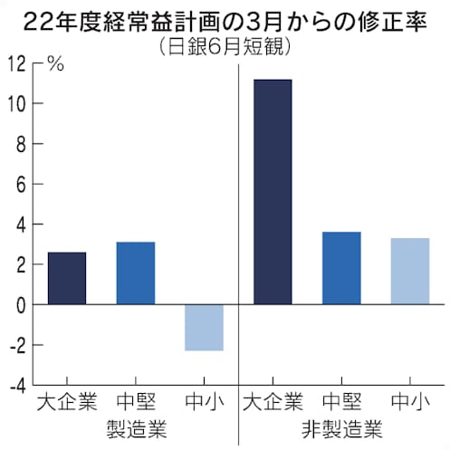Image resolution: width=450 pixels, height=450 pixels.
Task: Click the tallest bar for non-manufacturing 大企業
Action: tap(273, 192)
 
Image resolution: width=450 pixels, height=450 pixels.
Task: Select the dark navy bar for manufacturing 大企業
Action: tap(66, 278)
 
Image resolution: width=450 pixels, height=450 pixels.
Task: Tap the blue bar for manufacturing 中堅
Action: tap(135, 273)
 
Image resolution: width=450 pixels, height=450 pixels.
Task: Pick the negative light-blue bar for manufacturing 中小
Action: tap(204, 328)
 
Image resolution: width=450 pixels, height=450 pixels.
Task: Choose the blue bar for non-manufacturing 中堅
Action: tap(341, 268)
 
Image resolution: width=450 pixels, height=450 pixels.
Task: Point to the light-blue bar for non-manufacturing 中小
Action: tap(410, 271)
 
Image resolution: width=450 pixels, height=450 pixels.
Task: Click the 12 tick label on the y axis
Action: tap(16, 63)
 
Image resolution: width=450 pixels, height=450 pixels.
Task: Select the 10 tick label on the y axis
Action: tap(16, 103)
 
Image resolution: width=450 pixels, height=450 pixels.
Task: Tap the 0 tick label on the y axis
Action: tap(21, 304)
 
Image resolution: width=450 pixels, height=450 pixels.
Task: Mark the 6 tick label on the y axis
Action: tap(21, 184)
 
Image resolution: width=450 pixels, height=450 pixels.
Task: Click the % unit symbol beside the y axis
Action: tap(56, 63)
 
